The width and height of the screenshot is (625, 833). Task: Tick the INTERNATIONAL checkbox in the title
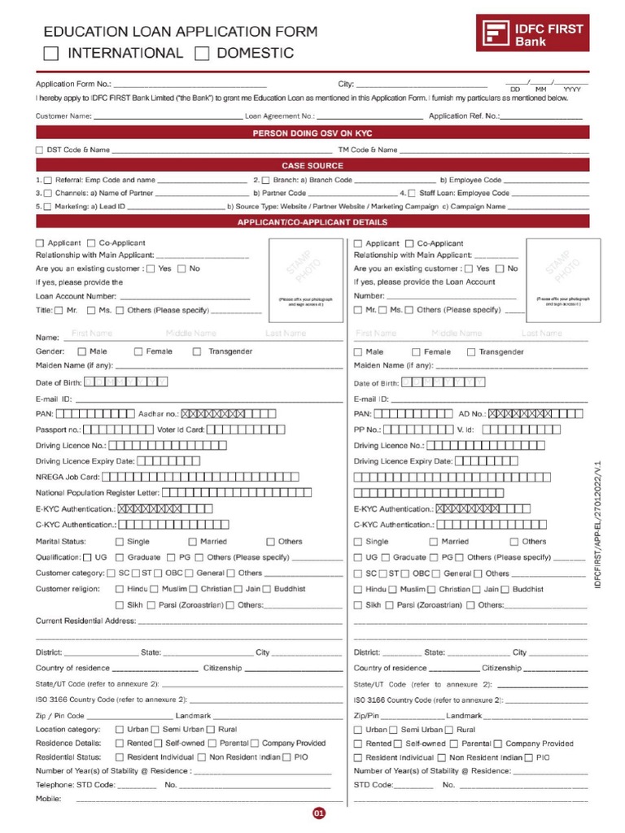[51, 55]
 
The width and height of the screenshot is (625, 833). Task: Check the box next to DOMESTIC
[203, 55]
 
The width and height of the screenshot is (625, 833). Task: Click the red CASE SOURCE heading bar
[312, 165]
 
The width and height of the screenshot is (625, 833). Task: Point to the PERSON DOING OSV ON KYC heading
[312, 133]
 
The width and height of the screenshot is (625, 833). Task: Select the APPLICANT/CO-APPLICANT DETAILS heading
[312, 222]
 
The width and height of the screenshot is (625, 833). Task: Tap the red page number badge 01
[319, 813]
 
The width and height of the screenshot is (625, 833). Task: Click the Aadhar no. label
[158, 414]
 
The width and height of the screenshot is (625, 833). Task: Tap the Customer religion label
[67, 589]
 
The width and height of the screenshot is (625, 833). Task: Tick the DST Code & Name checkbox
[40, 150]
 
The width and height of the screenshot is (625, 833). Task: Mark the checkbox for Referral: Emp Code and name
[48, 180]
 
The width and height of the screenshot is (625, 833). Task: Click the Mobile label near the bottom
[49, 799]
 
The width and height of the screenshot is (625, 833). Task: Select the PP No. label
[367, 430]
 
